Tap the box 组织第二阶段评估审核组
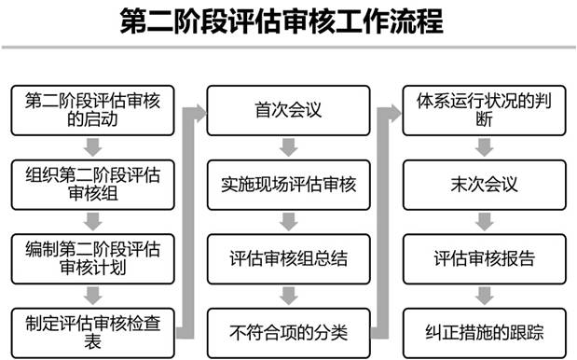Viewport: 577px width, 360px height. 92,184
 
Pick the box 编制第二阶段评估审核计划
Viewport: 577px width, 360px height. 92,257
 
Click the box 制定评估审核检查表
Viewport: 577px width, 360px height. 92,330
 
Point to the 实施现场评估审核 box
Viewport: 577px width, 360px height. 288,184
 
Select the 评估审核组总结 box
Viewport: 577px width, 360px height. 288,257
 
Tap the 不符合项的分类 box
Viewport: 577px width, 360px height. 288,330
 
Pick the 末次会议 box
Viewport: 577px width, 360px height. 484,184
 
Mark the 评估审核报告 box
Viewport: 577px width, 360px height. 484,257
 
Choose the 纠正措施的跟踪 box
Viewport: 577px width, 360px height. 484,330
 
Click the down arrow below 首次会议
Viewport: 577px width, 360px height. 288,147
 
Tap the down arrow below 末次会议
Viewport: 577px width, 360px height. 484,221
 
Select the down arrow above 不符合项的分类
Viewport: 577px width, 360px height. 288,294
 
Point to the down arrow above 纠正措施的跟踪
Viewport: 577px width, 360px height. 484,294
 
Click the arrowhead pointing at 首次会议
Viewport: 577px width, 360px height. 198,111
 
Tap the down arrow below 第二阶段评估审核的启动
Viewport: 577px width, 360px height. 92,147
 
